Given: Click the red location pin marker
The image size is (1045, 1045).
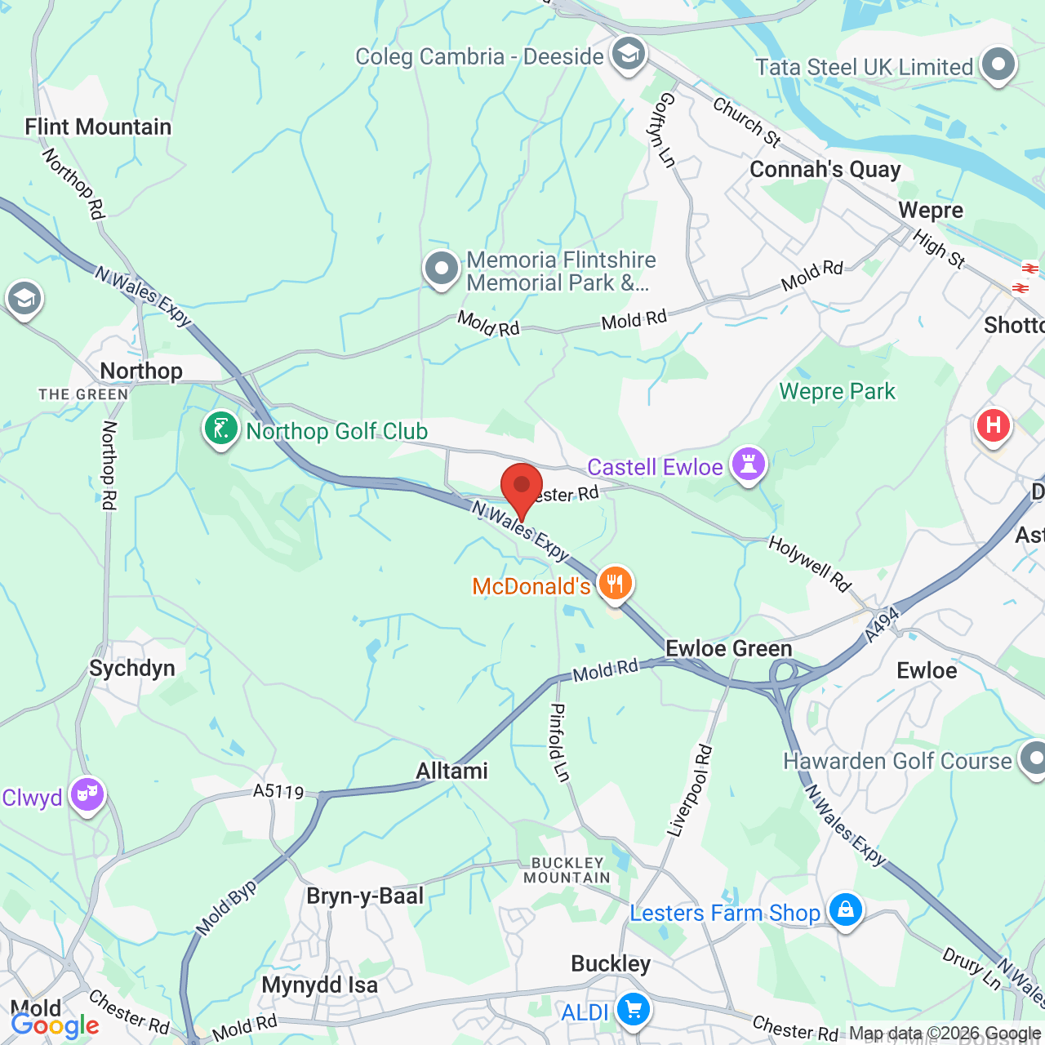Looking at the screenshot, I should point(522,487).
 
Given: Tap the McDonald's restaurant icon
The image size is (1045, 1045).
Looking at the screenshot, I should point(616,583).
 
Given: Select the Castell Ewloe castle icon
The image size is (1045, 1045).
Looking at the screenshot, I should point(749,465).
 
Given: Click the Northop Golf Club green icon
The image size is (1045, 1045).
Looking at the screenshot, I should point(220,428).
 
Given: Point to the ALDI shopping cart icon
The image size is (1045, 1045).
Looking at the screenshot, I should point(633,1009).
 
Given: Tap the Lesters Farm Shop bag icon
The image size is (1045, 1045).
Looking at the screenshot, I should point(845,909).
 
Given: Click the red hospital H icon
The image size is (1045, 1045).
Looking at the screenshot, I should point(993,425).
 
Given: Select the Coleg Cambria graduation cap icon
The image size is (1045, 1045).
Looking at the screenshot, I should point(628,55).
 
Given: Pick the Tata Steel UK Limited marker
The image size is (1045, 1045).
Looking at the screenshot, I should point(998,64).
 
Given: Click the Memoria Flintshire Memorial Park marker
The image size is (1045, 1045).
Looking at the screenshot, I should point(442,268).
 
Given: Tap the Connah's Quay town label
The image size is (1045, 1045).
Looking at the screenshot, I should point(825,170).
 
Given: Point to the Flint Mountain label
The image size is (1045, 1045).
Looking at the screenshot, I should point(98,127).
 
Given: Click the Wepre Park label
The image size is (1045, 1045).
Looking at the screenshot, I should point(837,392).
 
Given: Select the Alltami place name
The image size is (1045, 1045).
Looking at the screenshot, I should point(451,771).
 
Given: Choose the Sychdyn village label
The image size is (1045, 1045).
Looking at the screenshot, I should point(132,669).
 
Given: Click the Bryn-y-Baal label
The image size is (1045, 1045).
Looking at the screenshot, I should point(365,896).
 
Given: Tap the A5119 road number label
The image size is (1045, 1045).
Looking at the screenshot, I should point(278,791).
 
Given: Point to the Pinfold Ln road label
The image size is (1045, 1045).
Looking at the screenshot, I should point(559,742).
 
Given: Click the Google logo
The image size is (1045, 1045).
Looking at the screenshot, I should point(55,1025).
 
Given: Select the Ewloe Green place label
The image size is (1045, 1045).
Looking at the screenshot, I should point(728,649).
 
